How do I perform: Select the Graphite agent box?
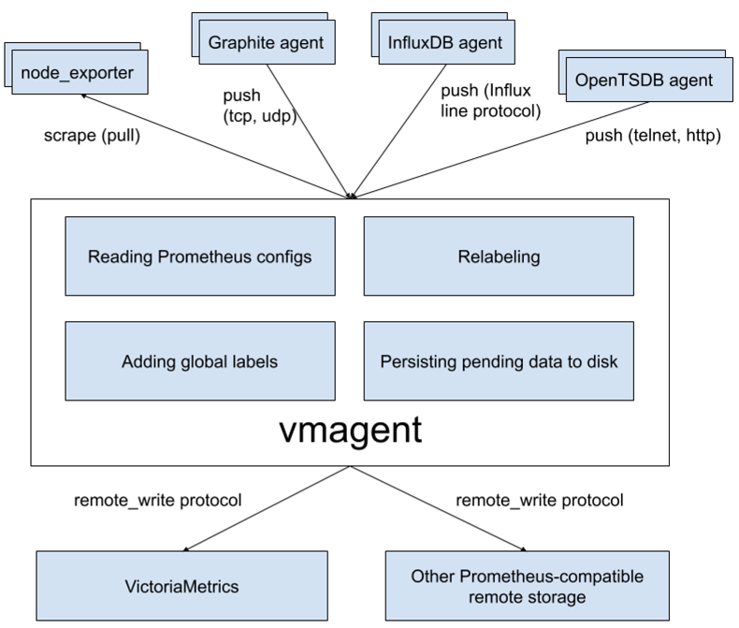coord(267,43)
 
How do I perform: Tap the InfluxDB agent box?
coord(445,43)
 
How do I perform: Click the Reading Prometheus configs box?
coord(199,256)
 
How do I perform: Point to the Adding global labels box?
coord(199,361)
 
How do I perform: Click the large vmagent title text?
coord(351,430)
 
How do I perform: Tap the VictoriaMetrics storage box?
coord(182,588)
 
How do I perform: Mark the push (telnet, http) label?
coord(652,136)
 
